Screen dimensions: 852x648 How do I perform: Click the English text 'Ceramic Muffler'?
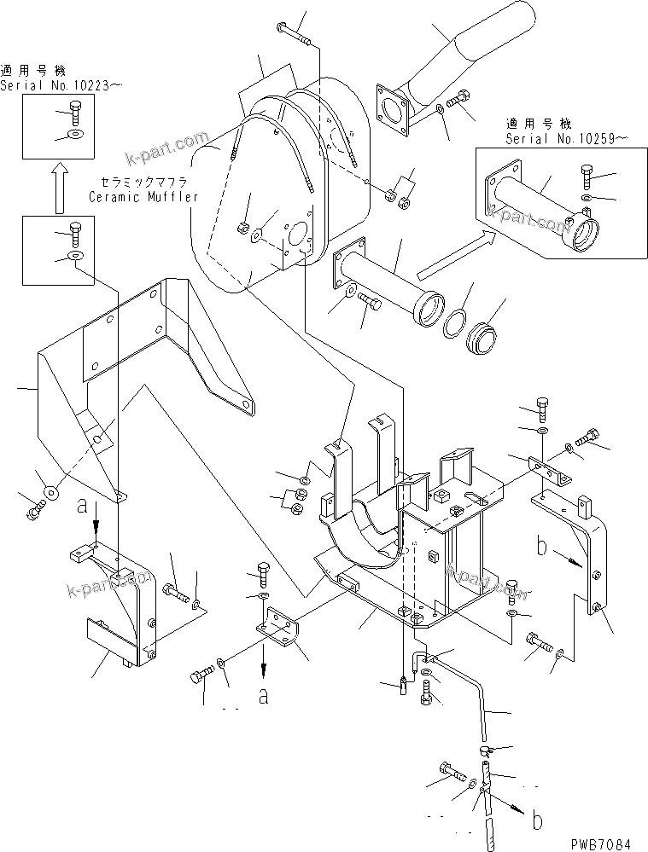pos(143,197)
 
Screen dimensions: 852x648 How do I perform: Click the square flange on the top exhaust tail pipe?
pos(394,109)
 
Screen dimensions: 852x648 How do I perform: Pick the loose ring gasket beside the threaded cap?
pos(458,323)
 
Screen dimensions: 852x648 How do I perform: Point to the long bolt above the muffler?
pos(295,32)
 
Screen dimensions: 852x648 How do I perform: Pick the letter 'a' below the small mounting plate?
pos(264,697)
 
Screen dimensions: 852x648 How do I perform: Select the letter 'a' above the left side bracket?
pos(82,505)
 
